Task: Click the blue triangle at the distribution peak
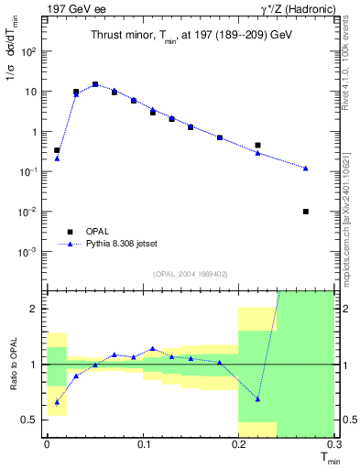(95, 84)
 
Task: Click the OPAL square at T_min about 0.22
(257, 145)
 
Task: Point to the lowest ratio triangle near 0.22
(257, 398)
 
